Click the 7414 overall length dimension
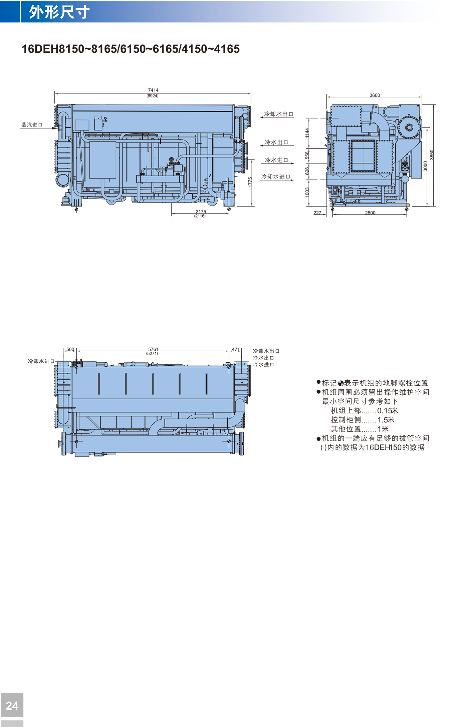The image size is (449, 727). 153,90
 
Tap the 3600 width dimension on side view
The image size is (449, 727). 375,95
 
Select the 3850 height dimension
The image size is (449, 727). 432,154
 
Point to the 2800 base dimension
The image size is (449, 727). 370,213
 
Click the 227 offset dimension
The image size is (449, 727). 317,213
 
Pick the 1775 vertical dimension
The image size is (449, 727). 250,182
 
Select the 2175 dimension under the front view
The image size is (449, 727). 201,212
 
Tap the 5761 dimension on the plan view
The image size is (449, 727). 153,349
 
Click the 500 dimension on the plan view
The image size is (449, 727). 70,349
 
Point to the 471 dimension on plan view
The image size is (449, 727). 236,349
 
